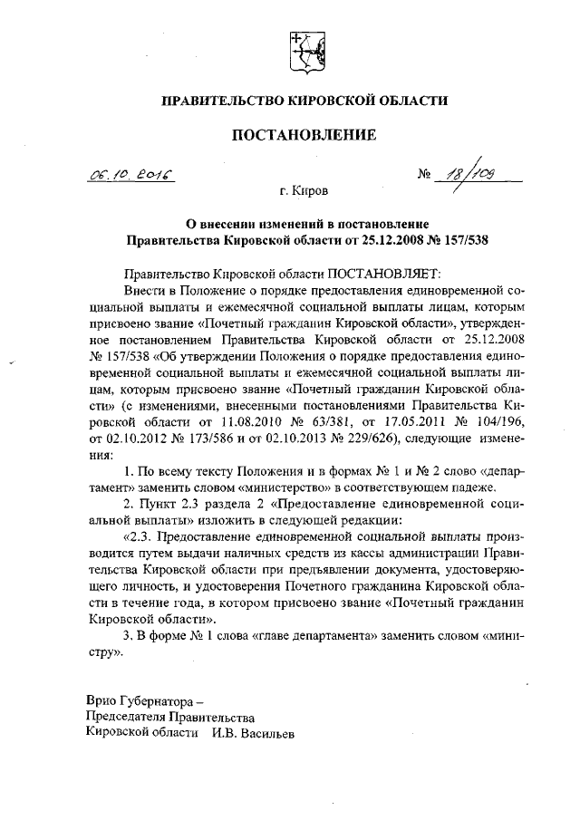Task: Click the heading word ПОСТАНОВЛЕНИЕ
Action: [x=304, y=136]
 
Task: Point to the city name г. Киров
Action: [x=304, y=192]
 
